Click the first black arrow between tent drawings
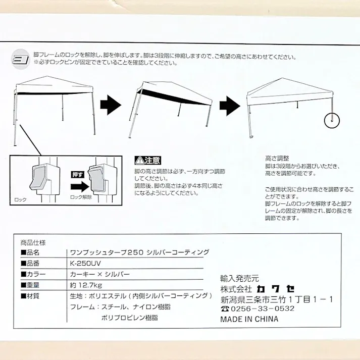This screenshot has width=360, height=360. (x=111, y=106)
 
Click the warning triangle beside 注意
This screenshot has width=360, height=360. (x=139, y=161)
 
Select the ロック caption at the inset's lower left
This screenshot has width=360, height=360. (x=21, y=200)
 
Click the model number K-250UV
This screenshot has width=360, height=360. (x=85, y=263)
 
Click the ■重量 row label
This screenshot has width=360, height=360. (x=30, y=285)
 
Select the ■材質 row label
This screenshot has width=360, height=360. (x=30, y=296)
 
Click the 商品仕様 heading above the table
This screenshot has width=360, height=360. (x=33, y=241)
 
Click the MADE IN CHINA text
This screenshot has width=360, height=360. (x=249, y=319)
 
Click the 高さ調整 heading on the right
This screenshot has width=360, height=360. (x=277, y=158)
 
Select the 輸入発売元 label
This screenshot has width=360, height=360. (x=239, y=278)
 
